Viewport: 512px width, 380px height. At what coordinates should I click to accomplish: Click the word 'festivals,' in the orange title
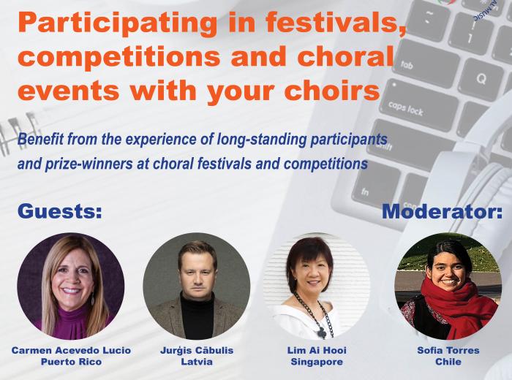pos(336,22)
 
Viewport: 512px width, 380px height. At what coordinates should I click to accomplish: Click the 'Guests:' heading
pos(60,211)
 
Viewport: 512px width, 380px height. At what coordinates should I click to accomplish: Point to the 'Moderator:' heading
pos(442,211)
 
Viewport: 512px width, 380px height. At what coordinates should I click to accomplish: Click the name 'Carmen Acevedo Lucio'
pos(71,351)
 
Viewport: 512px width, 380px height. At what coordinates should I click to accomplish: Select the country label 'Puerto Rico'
pos(71,362)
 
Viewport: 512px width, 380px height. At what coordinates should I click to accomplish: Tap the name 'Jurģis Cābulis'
pos(197,351)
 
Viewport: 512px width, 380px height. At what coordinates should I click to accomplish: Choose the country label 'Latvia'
pos(197,362)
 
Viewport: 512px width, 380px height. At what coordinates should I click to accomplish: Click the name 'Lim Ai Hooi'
pos(317,351)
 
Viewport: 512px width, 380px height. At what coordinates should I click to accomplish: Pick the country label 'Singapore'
pos(317,362)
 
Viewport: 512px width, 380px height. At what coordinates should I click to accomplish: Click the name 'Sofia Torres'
pos(448,351)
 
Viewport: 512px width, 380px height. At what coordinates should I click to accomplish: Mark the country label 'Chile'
pos(448,362)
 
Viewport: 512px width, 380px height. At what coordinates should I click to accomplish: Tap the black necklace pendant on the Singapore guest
pos(323,332)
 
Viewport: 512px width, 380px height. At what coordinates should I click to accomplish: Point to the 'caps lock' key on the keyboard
pos(418,104)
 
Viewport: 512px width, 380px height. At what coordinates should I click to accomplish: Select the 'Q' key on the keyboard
pos(481,79)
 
